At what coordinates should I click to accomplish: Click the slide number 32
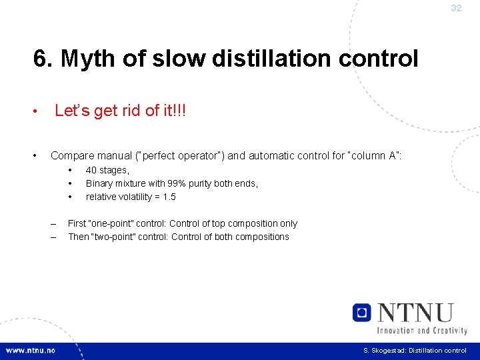(x=456, y=9)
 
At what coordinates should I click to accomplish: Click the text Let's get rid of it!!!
(x=120, y=111)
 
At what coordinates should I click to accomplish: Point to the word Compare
(x=71, y=156)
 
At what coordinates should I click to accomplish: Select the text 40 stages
(x=107, y=171)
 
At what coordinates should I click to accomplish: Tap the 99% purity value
(x=195, y=183)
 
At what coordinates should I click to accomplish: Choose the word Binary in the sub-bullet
(x=101, y=183)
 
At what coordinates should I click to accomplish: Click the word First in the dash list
(x=77, y=224)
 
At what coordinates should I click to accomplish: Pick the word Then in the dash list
(x=79, y=237)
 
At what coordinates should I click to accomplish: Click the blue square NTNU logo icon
(x=362, y=312)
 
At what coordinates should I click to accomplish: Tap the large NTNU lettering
(x=415, y=313)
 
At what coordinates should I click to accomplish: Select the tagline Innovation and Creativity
(x=422, y=329)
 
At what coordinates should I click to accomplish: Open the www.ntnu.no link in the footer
(x=31, y=351)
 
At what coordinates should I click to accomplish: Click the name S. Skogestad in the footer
(x=383, y=351)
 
